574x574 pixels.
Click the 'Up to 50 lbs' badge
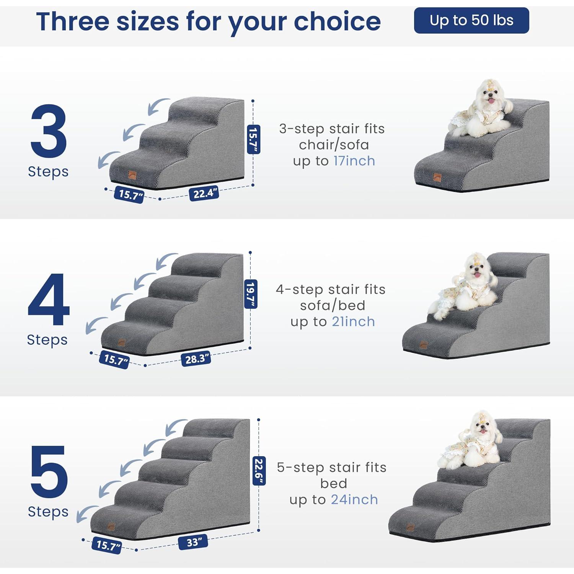(x=471, y=20)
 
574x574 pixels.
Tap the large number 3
(x=49, y=131)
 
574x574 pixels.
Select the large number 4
(x=49, y=299)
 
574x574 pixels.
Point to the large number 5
(x=49, y=471)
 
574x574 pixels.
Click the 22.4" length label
(x=204, y=193)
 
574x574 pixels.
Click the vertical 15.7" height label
(x=253, y=139)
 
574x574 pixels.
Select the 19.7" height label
(x=251, y=294)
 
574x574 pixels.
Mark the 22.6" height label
(x=259, y=471)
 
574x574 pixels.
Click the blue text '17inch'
(x=354, y=161)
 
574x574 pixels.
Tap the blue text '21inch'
(x=353, y=322)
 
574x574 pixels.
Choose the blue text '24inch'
(x=354, y=500)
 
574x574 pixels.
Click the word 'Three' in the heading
(x=73, y=21)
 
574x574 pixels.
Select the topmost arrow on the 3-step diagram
(x=158, y=106)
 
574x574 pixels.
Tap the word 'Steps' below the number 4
(x=47, y=340)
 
